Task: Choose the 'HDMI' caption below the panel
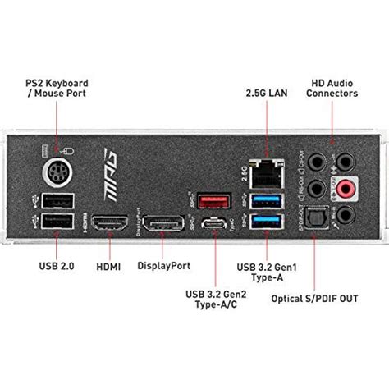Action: (x=108, y=244)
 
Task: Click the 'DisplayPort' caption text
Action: (x=164, y=244)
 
